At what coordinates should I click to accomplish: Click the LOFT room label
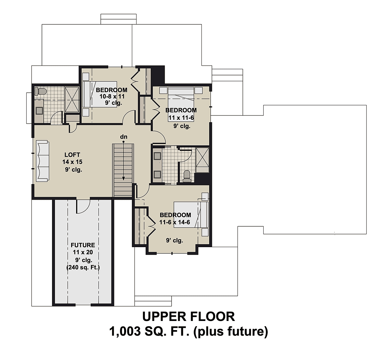coord(72,155)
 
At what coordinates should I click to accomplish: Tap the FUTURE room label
coord(83,245)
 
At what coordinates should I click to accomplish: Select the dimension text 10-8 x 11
coord(112,97)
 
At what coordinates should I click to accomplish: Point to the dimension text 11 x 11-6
coord(181,118)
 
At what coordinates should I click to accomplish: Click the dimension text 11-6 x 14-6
coord(175,222)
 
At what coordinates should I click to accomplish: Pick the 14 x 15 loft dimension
coord(72,162)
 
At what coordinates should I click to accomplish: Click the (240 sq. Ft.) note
coord(83,267)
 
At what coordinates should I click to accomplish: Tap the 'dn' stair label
coord(124,137)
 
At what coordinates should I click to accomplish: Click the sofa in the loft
coord(42,161)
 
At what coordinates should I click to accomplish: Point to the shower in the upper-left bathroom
coord(72,100)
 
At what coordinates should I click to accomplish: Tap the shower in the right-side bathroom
coord(202,160)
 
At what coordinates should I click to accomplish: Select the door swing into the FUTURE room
coord(83,207)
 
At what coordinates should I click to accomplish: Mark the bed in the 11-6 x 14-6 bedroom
coord(191,215)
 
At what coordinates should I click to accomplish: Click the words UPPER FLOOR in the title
coord(188,317)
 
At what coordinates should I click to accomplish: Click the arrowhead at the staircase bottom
coord(123,179)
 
